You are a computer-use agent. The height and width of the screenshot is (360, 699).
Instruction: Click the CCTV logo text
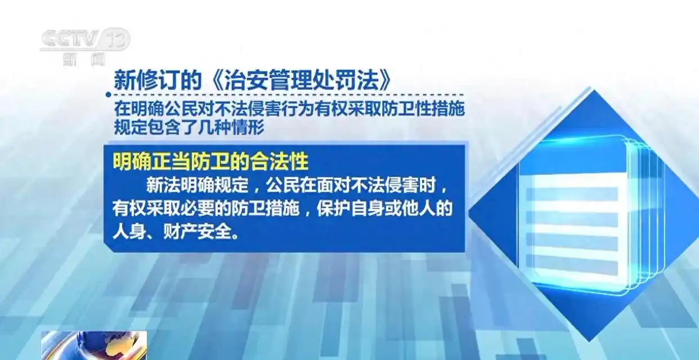(70, 39)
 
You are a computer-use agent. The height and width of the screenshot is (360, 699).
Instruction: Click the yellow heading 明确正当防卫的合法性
(210, 161)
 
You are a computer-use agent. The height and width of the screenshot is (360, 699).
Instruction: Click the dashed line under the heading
(287, 95)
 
